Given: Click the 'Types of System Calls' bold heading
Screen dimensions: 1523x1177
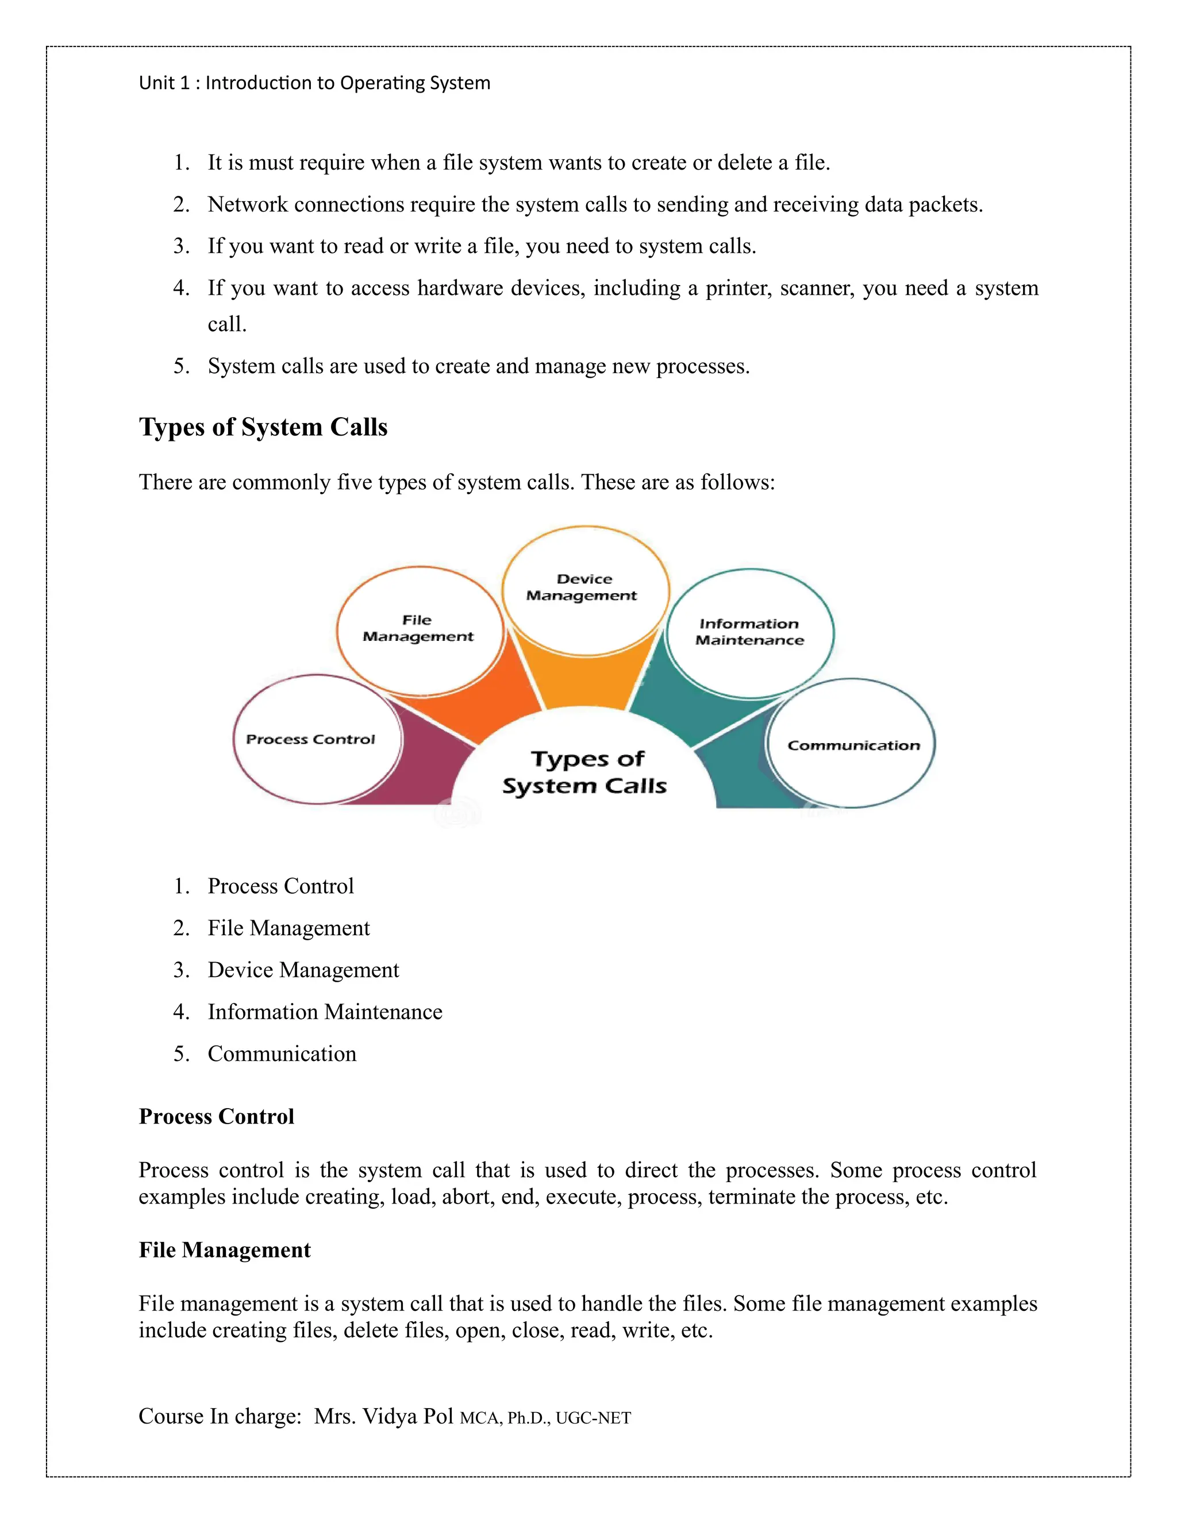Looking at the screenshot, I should pos(263,427).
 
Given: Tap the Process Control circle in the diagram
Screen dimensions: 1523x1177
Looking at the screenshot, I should pos(317,739).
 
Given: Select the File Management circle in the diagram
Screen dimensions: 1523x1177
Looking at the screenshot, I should pos(419,630).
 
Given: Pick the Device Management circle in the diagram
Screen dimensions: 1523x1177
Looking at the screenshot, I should pos(585,589).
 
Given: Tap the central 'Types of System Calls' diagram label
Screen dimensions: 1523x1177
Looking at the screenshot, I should pos(584,772).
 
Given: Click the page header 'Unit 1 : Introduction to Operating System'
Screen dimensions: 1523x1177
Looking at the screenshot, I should pos(314,83).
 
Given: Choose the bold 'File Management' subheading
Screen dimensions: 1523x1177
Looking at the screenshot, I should pos(225,1249).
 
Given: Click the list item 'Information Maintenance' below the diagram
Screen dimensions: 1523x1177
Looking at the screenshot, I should pos(325,1012).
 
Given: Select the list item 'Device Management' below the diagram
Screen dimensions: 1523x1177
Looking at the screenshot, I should pos(303,970).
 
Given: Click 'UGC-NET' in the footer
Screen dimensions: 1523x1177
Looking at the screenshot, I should pos(593,1418).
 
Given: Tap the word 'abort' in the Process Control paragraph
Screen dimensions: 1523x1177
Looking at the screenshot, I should pos(468,1197).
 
